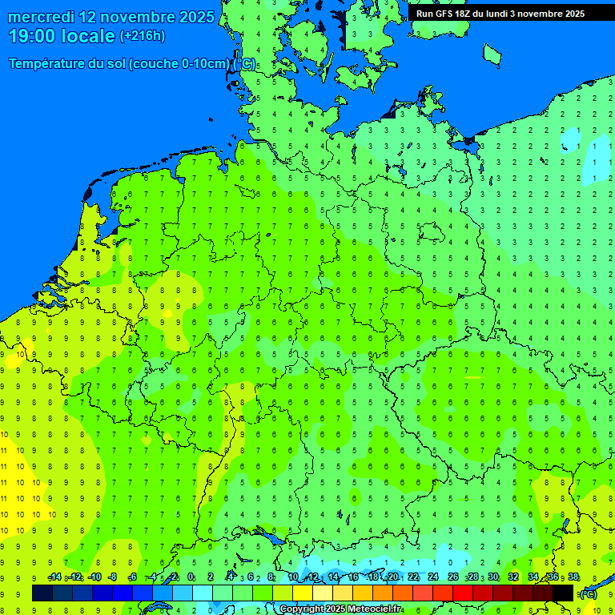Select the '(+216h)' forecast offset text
(143, 36)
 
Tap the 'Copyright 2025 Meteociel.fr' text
(340, 609)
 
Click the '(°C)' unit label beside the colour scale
(587, 594)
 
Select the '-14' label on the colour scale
(54, 577)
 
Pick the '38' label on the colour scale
(573, 577)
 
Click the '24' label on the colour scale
(433, 577)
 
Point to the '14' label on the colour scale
(333, 577)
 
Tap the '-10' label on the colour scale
(94, 577)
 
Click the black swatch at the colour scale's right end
(563, 593)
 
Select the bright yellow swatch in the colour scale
(303, 593)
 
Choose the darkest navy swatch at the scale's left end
(42, 593)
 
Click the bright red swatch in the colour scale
(463, 593)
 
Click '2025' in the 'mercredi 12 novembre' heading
(195, 17)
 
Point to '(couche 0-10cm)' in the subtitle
(180, 64)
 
